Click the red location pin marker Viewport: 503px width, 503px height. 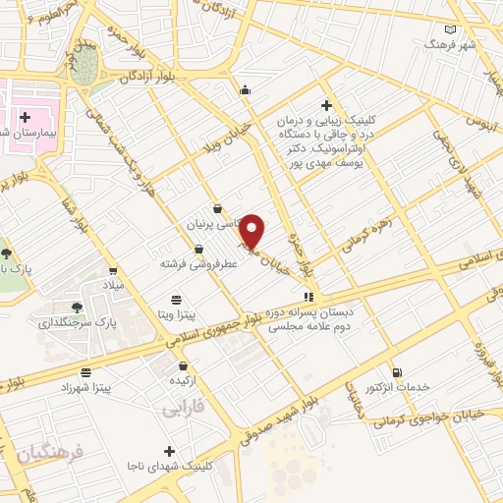click(253, 231)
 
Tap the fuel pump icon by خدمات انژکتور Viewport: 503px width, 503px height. click(397, 371)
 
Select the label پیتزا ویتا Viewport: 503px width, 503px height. click(177, 314)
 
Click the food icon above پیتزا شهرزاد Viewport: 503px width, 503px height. click(86, 372)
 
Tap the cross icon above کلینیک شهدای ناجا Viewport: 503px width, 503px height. click(170, 451)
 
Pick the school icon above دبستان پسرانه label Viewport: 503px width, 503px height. click(309, 295)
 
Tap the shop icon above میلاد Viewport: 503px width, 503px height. click(114, 270)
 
